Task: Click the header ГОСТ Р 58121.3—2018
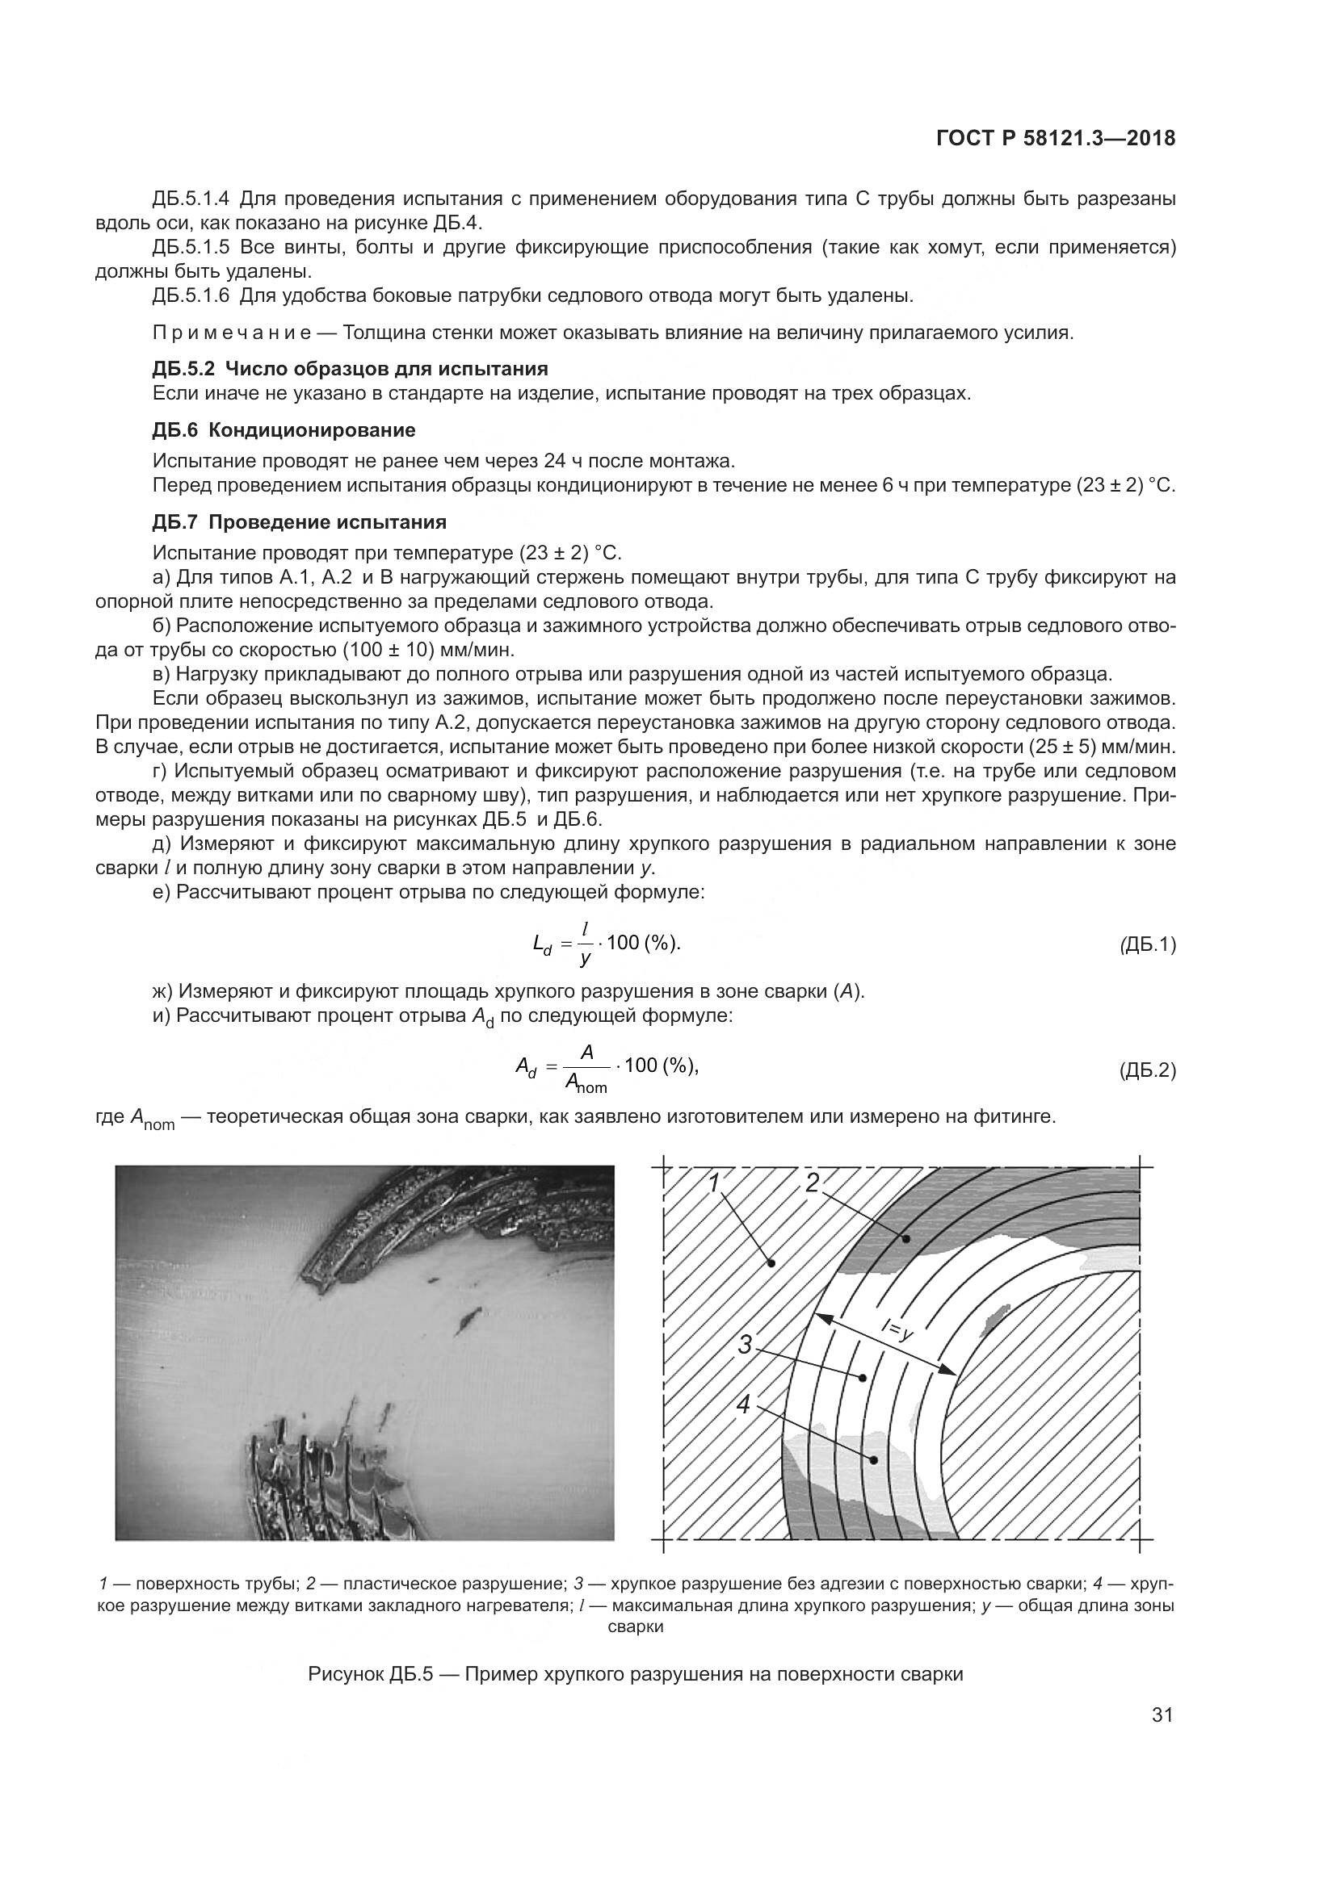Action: [1056, 139]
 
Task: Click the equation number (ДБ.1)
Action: [1147, 946]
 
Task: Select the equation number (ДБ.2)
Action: [1147, 1070]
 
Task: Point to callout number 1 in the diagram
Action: [714, 1182]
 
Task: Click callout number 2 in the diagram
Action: [812, 1183]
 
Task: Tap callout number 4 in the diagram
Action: [743, 1405]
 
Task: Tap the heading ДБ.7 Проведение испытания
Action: [300, 522]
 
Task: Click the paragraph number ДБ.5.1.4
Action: [191, 199]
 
